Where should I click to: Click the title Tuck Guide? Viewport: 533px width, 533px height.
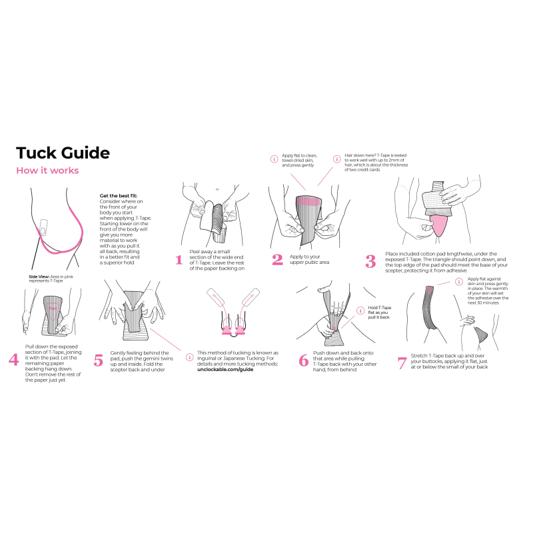tap(63, 153)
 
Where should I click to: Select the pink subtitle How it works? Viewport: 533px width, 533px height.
tap(47, 171)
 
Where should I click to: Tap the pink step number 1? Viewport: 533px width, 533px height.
tap(179, 260)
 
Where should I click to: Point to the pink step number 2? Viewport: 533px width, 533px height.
tap(277, 260)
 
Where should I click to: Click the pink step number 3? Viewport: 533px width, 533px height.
tap(371, 261)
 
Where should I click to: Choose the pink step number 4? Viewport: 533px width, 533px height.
tap(14, 360)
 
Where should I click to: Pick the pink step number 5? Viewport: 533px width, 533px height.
tap(99, 360)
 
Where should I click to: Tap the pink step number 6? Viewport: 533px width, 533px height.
tap(303, 360)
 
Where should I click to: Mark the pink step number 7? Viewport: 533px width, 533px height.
tap(402, 363)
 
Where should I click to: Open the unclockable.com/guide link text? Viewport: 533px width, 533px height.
tap(226, 369)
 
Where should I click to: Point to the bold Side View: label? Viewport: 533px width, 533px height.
tap(39, 276)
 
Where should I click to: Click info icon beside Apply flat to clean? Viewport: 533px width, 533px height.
tap(273, 159)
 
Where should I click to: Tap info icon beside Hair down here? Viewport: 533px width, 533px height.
tap(336, 159)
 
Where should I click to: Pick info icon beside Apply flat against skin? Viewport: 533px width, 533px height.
tap(459, 282)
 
